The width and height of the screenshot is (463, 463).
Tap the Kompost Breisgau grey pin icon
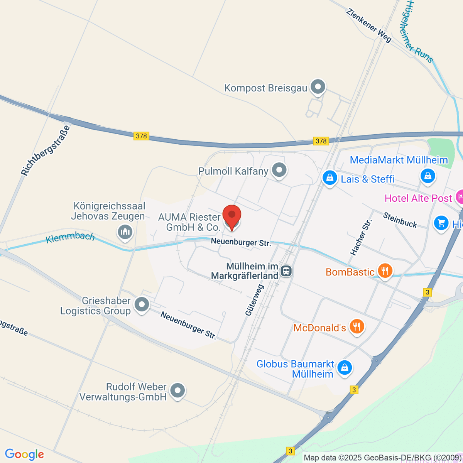click(x=318, y=87)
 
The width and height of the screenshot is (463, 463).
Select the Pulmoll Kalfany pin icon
click(x=279, y=170)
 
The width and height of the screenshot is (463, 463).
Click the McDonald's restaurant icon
click(x=357, y=327)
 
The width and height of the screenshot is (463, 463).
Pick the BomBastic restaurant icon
click(x=385, y=271)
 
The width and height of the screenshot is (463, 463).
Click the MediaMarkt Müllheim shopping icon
click(x=428, y=176)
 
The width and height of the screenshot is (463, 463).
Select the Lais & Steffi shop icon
click(x=330, y=178)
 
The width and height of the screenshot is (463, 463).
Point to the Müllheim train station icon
click(x=286, y=271)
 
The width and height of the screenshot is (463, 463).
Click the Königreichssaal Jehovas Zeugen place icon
click(x=125, y=232)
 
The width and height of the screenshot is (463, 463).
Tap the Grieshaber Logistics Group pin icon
click(x=142, y=304)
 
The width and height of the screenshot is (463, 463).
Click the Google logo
click(x=24, y=455)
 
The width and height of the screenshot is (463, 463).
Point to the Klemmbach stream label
click(x=70, y=237)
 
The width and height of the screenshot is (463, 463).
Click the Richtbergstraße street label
click(x=46, y=150)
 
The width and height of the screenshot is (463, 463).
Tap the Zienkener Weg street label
click(x=369, y=26)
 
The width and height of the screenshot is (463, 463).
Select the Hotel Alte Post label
click(x=418, y=198)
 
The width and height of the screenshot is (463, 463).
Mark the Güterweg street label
click(x=255, y=300)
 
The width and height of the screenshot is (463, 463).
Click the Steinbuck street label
click(x=400, y=220)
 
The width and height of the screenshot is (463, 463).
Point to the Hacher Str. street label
click(x=361, y=237)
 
